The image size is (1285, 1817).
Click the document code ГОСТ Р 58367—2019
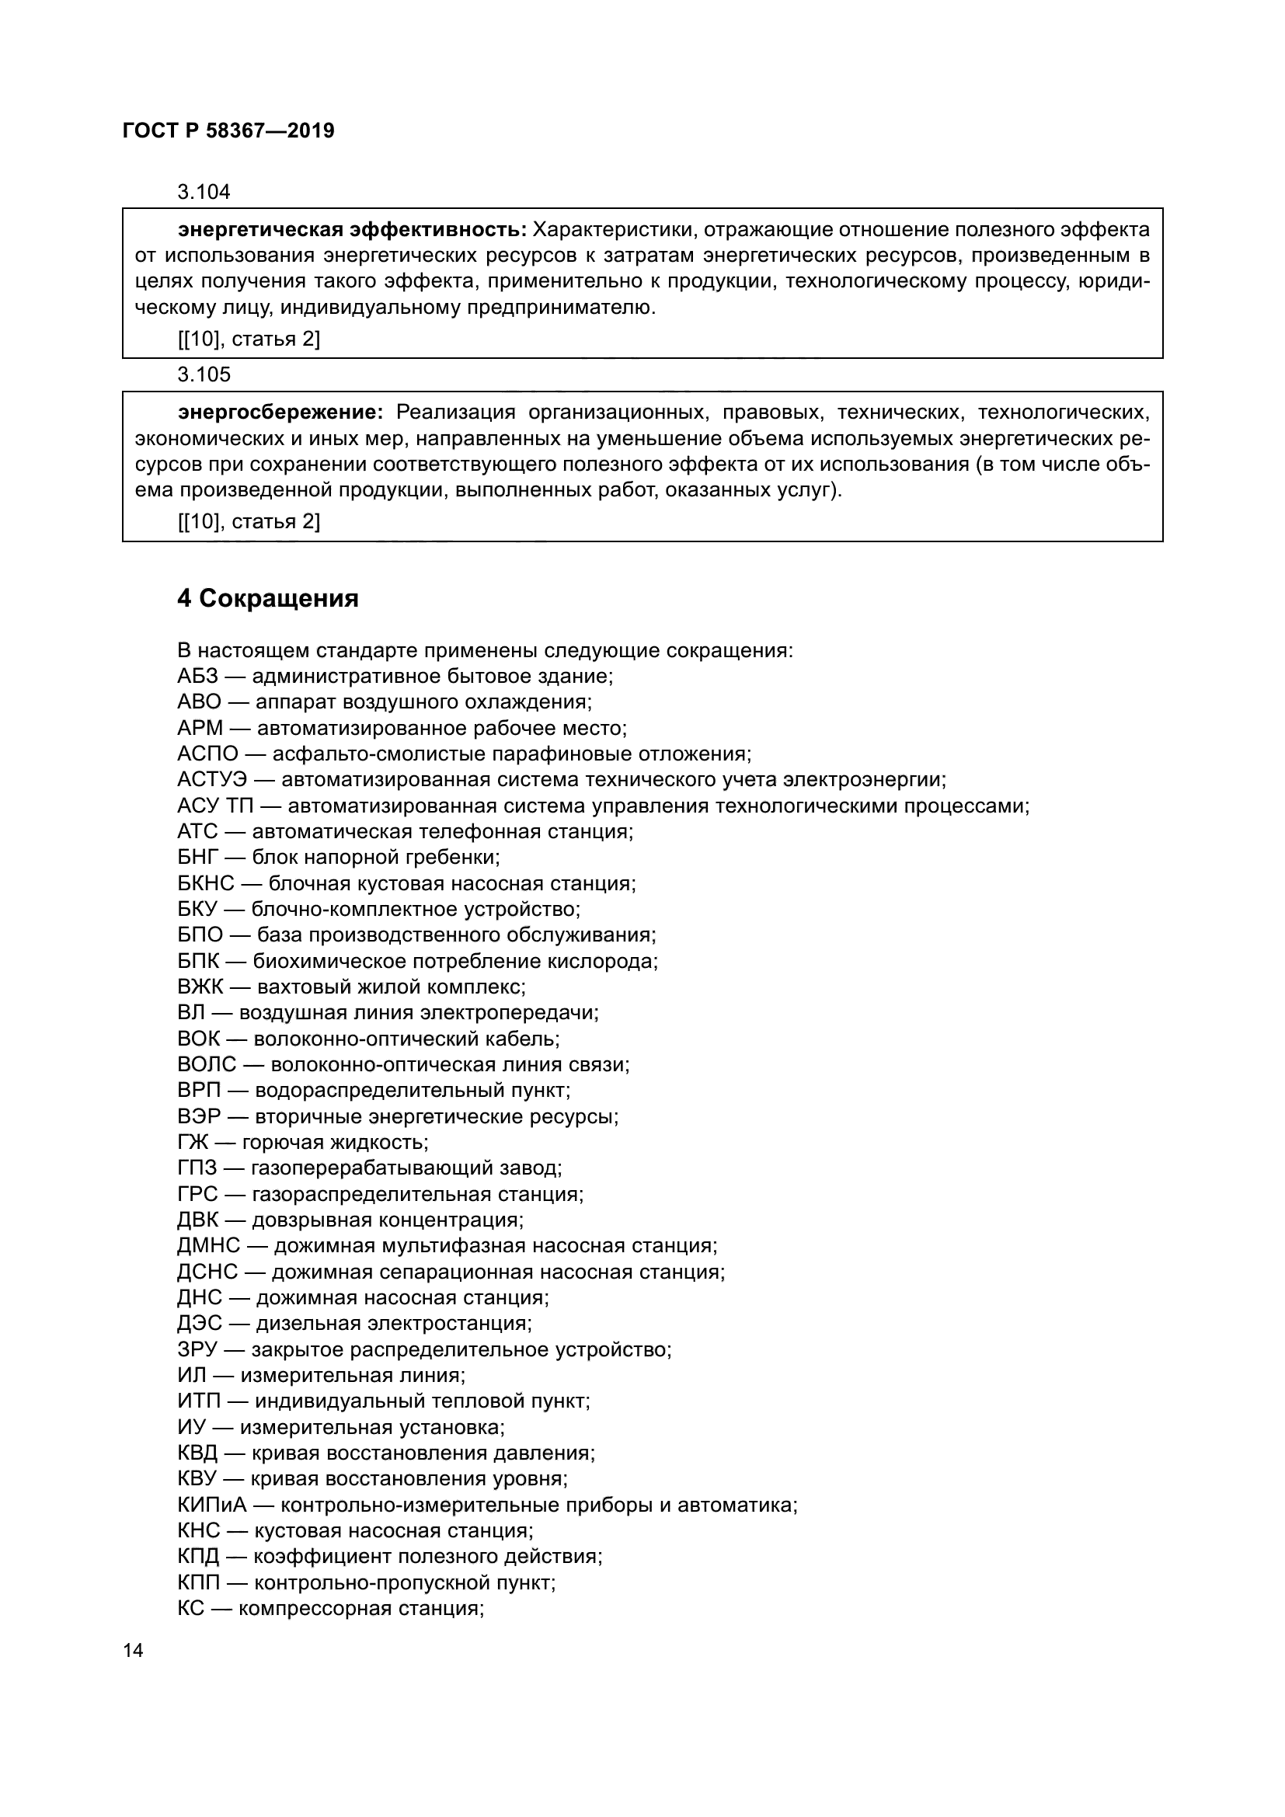pyautogui.click(x=228, y=131)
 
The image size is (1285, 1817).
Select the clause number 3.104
pyautogui.click(x=204, y=193)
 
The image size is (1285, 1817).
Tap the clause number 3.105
pyautogui.click(x=204, y=374)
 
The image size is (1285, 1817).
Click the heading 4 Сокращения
pyautogui.click(x=267, y=598)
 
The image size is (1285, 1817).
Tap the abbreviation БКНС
pyautogui.click(x=206, y=883)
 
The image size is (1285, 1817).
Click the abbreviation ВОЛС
pyautogui.click(x=207, y=1064)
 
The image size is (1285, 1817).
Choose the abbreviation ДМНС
pyautogui.click(x=208, y=1245)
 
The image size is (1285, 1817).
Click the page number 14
pyautogui.click(x=133, y=1650)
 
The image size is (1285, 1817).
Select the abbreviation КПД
pyautogui.click(x=198, y=1556)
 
